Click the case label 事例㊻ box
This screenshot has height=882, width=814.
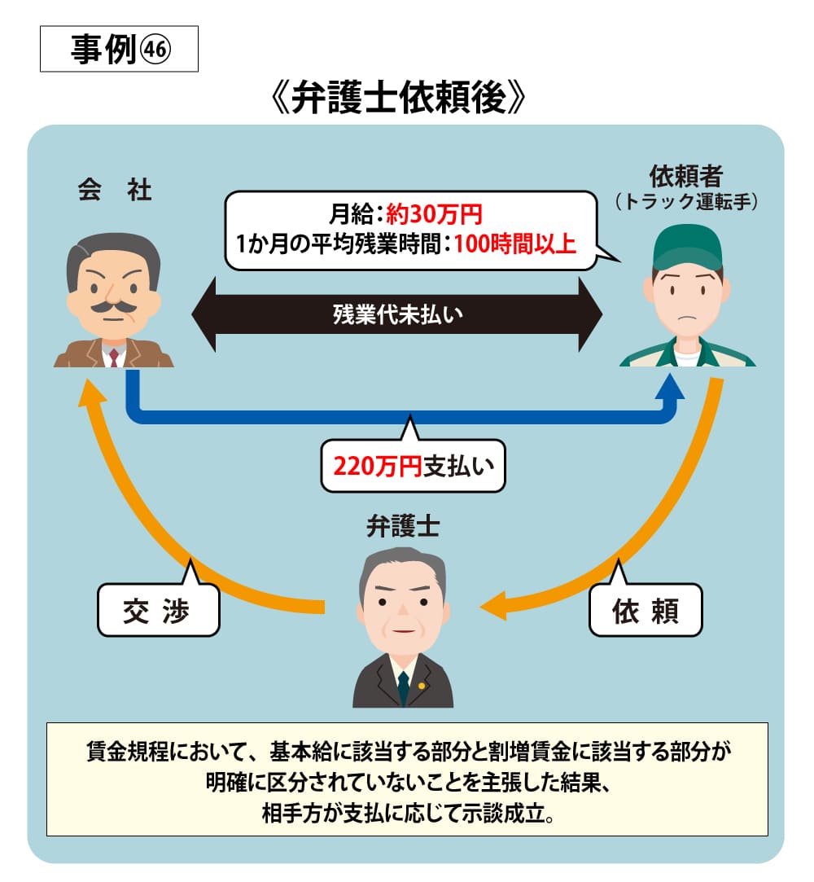(119, 49)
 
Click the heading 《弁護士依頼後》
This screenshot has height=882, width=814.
(407, 101)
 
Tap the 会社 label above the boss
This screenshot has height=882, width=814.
(115, 191)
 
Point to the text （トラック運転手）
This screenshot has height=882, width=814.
(688, 200)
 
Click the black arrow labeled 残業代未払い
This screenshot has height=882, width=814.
(397, 314)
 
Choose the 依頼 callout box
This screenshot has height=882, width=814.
(645, 610)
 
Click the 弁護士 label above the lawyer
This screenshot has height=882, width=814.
(403, 527)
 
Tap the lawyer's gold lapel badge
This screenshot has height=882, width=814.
(422, 685)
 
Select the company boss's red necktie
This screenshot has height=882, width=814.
(114, 357)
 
